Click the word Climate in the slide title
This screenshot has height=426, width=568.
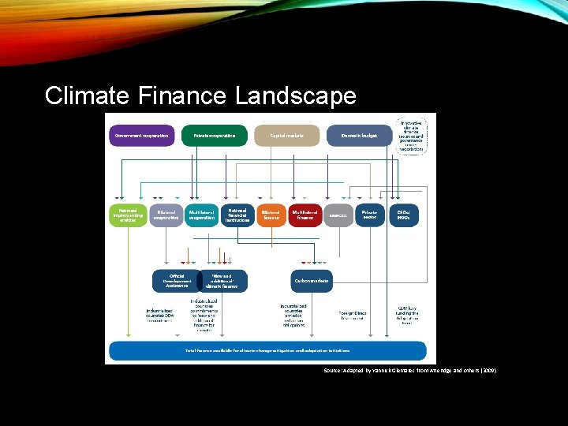87,96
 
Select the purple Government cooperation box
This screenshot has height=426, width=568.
142,136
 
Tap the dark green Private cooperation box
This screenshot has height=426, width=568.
215,136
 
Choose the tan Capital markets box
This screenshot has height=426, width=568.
287,136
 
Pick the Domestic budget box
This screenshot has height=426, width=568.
360,136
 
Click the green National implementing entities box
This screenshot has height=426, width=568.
128,215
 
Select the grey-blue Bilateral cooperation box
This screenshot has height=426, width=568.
166,215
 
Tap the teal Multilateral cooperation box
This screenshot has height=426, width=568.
201,215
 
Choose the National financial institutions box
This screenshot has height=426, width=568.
237,215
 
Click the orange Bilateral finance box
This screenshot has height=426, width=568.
271,215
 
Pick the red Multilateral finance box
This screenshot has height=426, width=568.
305,215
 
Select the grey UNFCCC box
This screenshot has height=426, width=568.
338,215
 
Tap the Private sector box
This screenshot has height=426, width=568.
370,215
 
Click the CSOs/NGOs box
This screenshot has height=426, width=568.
404,215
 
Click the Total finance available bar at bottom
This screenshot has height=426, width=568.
267,350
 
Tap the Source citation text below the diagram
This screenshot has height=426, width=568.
409,369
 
